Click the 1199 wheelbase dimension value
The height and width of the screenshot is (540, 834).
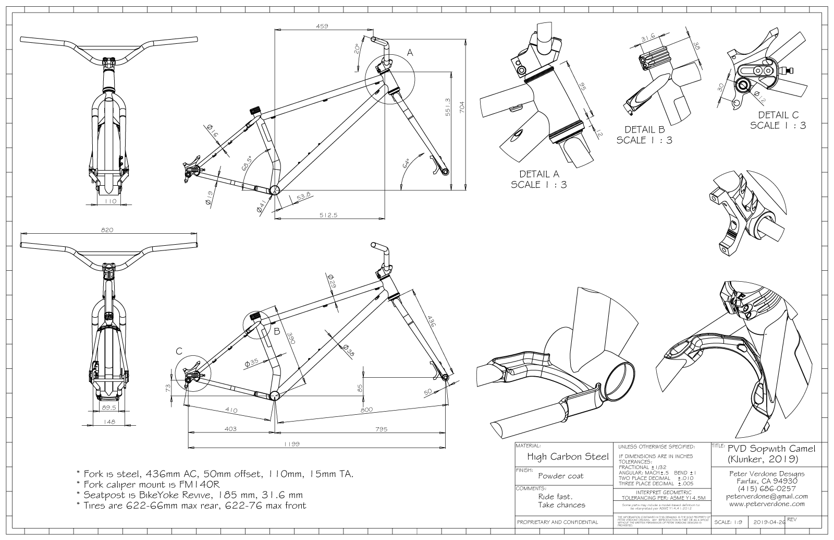pyautogui.click(x=291, y=445)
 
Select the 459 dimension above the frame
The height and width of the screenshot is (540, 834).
pyautogui.click(x=322, y=26)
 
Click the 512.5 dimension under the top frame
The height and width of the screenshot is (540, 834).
pyautogui.click(x=329, y=214)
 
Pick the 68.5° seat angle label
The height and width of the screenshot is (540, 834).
pyautogui.click(x=247, y=163)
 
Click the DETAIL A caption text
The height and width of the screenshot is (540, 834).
pyautogui.click(x=538, y=174)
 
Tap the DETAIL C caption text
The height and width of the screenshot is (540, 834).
pyautogui.click(x=778, y=115)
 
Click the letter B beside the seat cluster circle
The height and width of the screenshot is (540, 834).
pyautogui.click(x=277, y=331)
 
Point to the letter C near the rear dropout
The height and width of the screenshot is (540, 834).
pyautogui.click(x=179, y=352)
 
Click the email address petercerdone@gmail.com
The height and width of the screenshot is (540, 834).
pyautogui.click(x=766, y=496)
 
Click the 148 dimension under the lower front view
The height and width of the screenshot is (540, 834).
pyautogui.click(x=109, y=422)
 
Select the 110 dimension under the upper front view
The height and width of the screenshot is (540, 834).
pyautogui.click(x=111, y=201)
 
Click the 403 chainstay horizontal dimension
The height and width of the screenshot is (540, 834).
pyautogui.click(x=230, y=429)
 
